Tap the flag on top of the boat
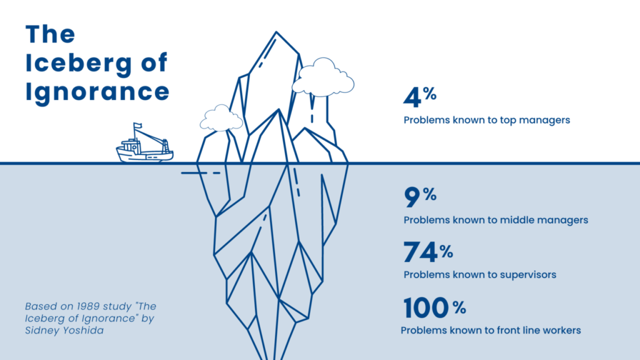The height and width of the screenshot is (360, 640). (x=137, y=125)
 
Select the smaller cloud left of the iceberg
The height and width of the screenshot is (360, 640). (x=221, y=117)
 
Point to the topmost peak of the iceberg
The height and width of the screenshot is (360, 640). (x=276, y=32)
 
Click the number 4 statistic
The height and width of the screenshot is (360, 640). (x=412, y=97)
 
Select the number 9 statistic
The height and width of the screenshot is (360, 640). (x=412, y=197)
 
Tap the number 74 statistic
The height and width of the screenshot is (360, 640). (x=421, y=252)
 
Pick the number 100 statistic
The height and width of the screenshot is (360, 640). (x=426, y=307)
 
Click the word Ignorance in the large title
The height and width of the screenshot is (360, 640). (x=97, y=92)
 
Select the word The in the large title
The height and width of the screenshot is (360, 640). (x=50, y=34)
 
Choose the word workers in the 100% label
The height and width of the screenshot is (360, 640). (x=562, y=330)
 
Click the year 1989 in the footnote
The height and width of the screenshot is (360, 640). (x=89, y=306)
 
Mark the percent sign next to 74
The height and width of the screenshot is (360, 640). (x=446, y=252)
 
